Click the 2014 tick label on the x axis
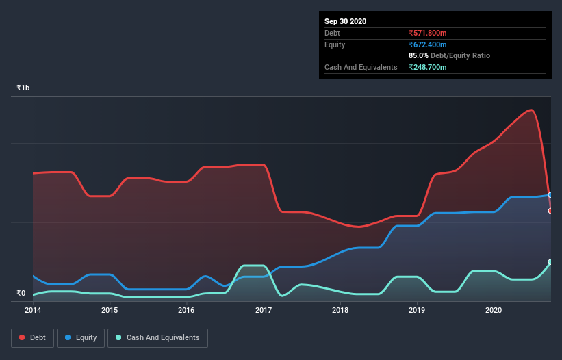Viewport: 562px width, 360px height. (33, 310)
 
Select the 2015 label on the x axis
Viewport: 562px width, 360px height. (110, 310)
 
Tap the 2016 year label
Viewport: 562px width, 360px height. (186, 310)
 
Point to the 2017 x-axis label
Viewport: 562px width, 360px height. (264, 310)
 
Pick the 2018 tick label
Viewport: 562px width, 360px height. (340, 310)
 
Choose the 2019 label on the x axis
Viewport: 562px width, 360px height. (417, 310)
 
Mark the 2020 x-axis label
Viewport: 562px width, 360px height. (494, 310)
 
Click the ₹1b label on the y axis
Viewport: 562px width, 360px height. (23, 88)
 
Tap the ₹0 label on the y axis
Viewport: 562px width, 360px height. (21, 294)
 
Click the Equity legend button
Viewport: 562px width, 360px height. (81, 337)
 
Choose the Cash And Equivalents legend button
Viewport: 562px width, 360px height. (157, 337)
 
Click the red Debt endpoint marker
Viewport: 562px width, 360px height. (550, 211)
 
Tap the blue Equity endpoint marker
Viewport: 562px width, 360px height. (550, 195)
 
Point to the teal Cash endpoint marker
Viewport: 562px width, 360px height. (550, 262)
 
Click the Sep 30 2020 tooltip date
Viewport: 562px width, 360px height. (345, 21)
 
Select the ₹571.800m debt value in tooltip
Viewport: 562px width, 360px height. (427, 33)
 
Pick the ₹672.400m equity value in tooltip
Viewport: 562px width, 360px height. (427, 44)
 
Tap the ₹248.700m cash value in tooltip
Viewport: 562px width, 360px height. (427, 67)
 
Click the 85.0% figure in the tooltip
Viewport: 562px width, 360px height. (418, 55)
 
